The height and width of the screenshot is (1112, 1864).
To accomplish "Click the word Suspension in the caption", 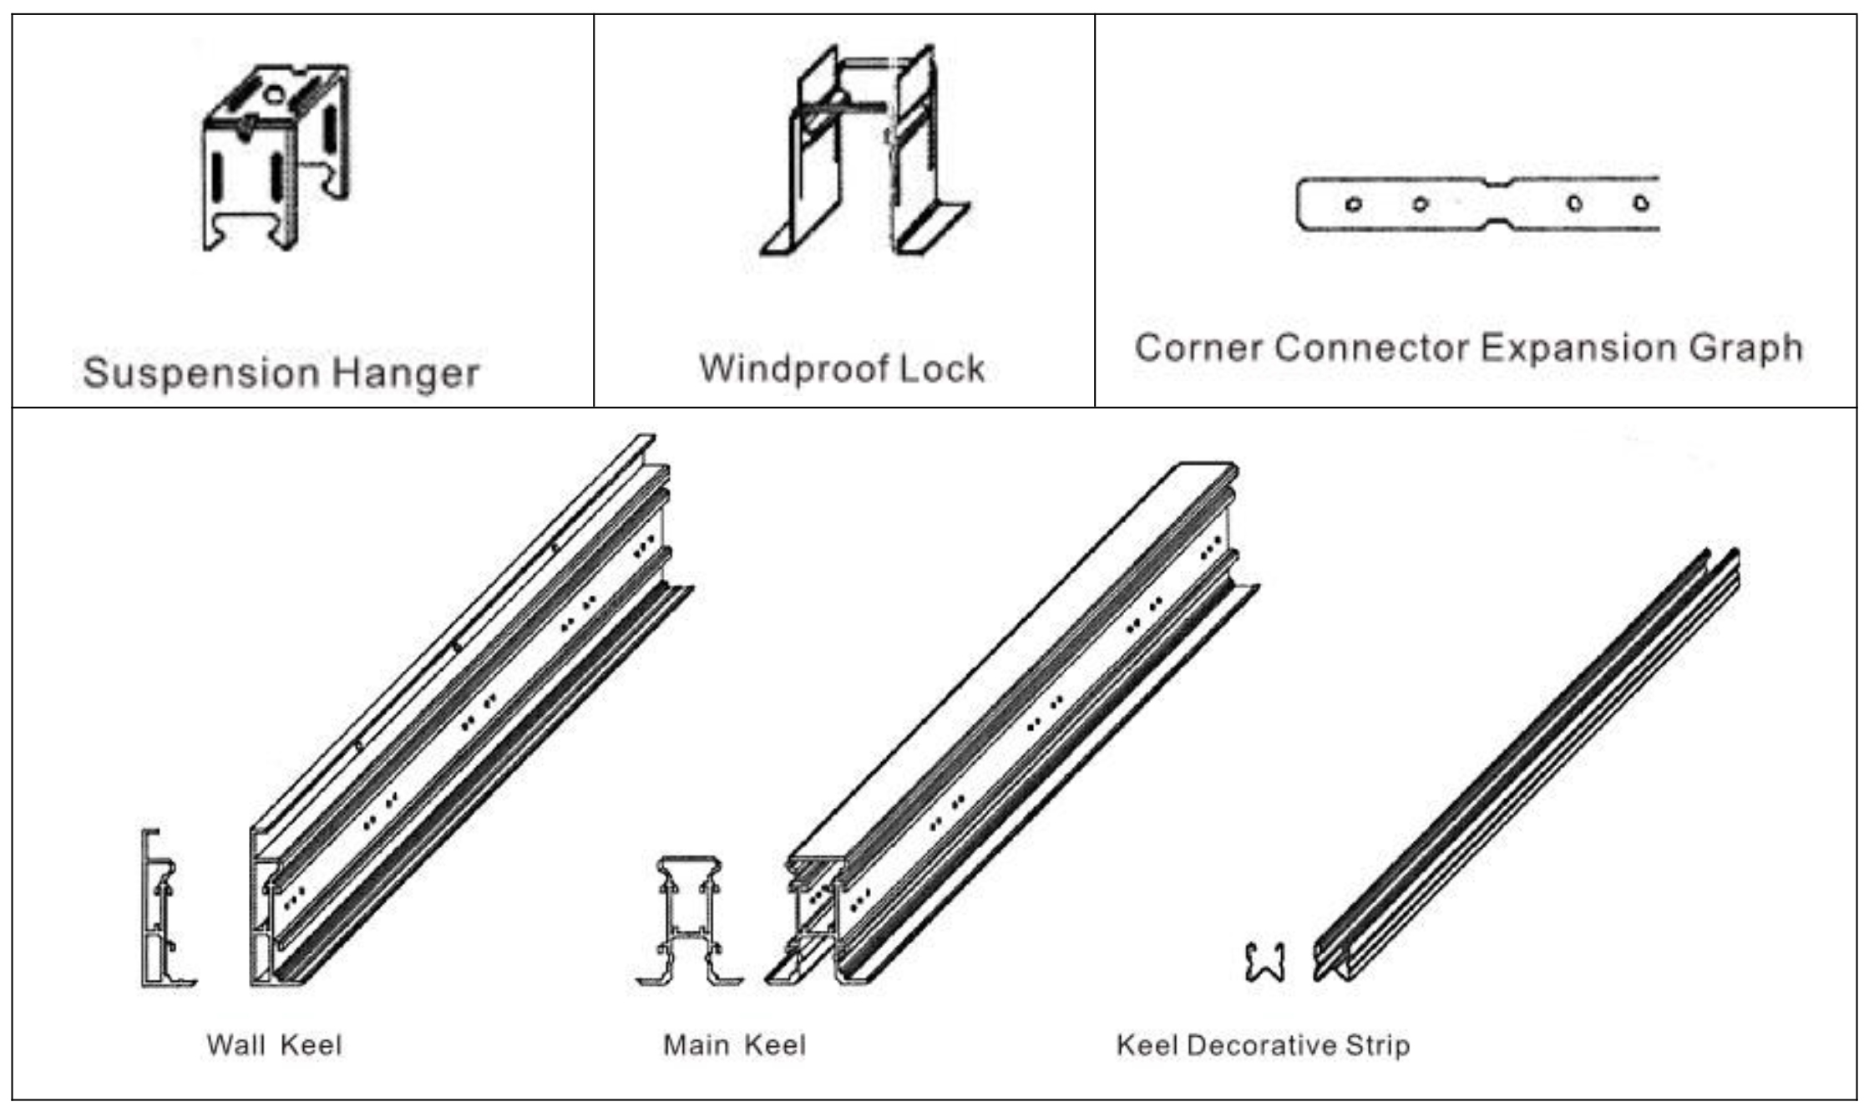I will point(200,373).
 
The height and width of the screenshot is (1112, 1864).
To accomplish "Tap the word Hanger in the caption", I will point(406,373).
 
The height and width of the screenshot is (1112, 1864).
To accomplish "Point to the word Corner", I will point(1198,348).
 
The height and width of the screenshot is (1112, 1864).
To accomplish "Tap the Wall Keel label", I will point(274,1045).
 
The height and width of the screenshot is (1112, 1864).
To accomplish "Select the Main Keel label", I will point(734,1045).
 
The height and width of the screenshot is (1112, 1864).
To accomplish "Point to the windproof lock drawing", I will point(864,150).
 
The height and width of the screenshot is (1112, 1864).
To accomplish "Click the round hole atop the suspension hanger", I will point(274,94).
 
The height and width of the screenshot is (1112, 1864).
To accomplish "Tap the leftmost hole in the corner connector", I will point(1354,204).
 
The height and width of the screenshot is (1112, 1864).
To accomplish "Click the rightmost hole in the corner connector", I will point(1641,203).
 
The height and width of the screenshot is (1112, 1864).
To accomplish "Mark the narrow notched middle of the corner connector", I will point(1499,203).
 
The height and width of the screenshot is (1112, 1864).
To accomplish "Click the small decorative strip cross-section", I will point(1264,962).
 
